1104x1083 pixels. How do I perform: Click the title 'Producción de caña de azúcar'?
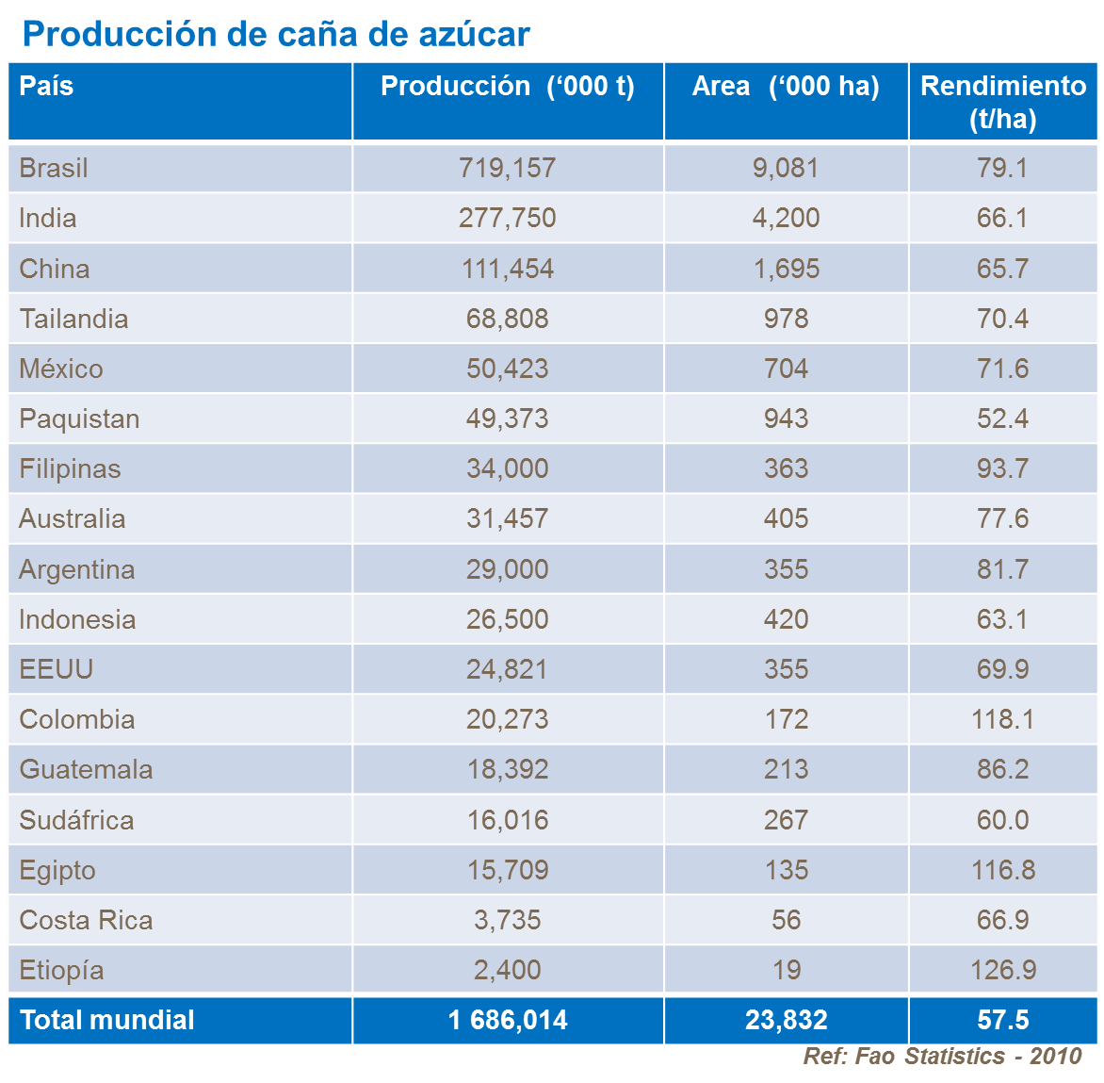pos(275,34)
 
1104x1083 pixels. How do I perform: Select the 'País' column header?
pos(46,87)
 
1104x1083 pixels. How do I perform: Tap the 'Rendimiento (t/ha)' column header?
pos(1002,102)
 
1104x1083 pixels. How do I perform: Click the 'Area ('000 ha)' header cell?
pos(786,87)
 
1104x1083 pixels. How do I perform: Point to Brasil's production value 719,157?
pos(507,169)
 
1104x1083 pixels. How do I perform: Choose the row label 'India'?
pos(48,219)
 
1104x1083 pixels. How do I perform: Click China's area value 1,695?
pos(786,269)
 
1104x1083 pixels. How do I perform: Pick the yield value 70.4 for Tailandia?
pos(1002,319)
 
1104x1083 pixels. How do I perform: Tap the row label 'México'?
pos(61,369)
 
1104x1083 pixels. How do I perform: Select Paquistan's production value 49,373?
pos(507,418)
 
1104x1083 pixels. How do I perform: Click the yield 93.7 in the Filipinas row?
pos(1002,468)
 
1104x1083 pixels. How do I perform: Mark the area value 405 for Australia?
pos(786,518)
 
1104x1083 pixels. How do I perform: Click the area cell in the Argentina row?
pos(786,569)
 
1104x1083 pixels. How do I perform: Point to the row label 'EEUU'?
pos(57,669)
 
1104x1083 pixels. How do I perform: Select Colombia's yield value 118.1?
pos(1002,719)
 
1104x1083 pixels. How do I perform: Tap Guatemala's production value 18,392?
pos(507,769)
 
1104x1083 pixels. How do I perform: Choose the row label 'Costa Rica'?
pos(86,920)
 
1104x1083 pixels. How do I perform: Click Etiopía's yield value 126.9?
pos(1002,970)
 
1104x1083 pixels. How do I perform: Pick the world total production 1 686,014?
pos(507,1020)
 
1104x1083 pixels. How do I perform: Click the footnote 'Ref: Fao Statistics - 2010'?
pos(942,1057)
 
